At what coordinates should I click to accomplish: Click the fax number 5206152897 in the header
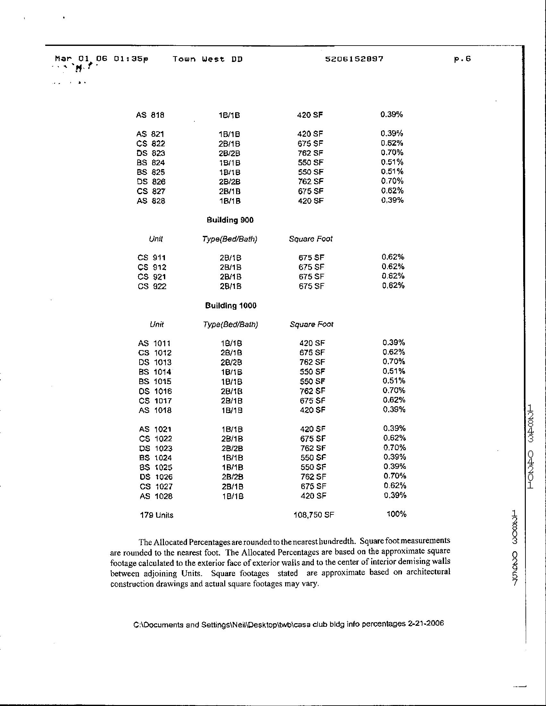pyautogui.click(x=354, y=59)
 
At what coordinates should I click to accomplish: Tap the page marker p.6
pyautogui.click(x=462, y=59)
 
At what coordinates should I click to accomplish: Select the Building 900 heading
pyautogui.click(x=230, y=220)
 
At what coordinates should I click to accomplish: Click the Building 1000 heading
pyautogui.click(x=231, y=306)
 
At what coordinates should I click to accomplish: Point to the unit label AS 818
pyautogui.click(x=150, y=115)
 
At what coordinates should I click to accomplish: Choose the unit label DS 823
pyautogui.click(x=151, y=153)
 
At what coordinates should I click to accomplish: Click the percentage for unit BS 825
pyautogui.click(x=392, y=172)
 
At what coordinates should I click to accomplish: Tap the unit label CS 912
pyautogui.click(x=152, y=267)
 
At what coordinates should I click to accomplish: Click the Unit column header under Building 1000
pyautogui.click(x=157, y=324)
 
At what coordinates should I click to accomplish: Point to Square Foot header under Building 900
pyautogui.click(x=311, y=239)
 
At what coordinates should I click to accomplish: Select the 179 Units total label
pyautogui.click(x=157, y=515)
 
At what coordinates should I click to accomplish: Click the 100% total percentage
pyautogui.click(x=396, y=514)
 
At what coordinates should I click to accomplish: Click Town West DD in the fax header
pyautogui.click(x=208, y=59)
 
